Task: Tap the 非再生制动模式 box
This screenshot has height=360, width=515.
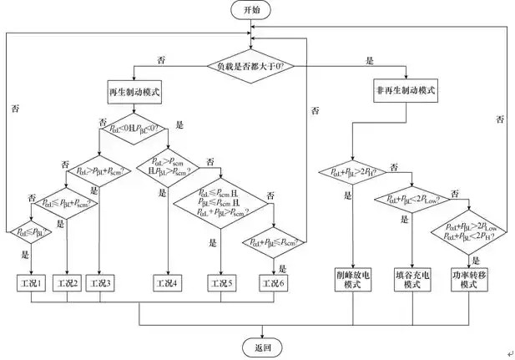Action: (406, 89)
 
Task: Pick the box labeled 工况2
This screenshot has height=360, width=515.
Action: (68, 284)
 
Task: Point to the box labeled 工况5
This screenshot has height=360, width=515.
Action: (220, 284)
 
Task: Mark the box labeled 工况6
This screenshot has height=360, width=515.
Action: (274, 284)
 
